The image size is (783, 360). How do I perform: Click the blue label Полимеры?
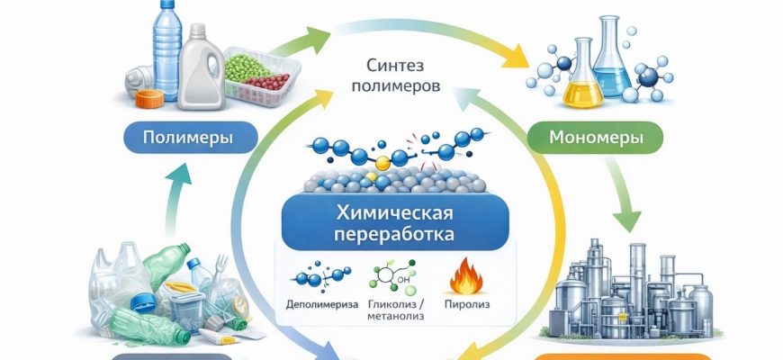click(x=190, y=139)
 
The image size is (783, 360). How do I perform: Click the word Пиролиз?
click(x=465, y=303)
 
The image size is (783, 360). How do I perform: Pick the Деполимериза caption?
click(x=320, y=303)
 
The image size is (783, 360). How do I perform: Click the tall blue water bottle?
click(x=166, y=49)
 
